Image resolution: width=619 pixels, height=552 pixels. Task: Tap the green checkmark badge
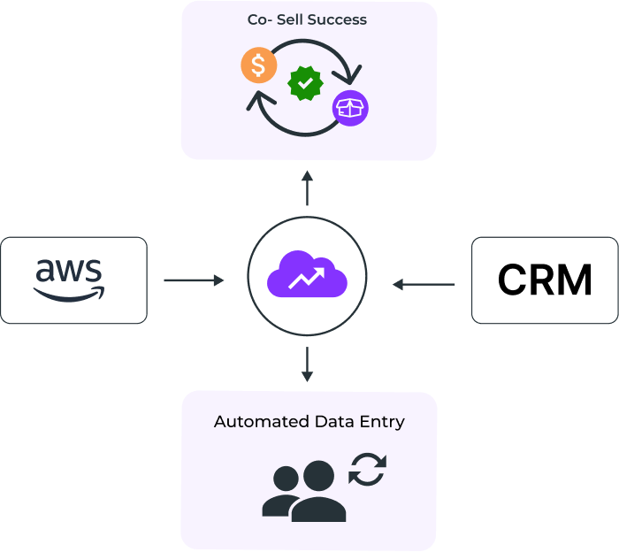(305, 83)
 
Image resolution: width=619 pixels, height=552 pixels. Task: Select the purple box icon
(350, 109)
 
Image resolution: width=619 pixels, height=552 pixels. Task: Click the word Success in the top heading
(338, 20)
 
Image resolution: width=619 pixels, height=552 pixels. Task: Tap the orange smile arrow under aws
(71, 292)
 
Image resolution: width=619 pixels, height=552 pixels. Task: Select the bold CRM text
(544, 280)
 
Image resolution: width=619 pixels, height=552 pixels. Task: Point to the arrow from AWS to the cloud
(194, 280)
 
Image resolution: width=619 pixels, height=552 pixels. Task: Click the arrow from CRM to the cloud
(424, 284)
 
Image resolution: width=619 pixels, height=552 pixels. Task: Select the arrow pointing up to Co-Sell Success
(307, 188)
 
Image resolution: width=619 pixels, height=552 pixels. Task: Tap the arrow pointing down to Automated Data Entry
(307, 364)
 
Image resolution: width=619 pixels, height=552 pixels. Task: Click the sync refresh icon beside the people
(367, 469)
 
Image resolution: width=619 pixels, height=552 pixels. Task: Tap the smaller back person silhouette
(284, 491)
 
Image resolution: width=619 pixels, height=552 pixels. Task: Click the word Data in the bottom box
(333, 421)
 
